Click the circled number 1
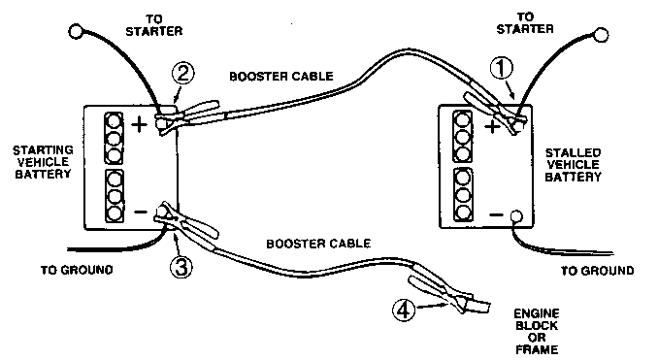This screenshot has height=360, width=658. [x=502, y=68]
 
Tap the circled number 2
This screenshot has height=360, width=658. [x=183, y=75]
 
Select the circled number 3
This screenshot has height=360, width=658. [x=181, y=266]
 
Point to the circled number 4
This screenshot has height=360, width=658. [x=404, y=311]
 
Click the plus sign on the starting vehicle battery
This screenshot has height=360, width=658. [x=140, y=124]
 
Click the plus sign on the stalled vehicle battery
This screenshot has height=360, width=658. [x=492, y=126]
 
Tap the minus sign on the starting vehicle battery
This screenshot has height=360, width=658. [x=141, y=212]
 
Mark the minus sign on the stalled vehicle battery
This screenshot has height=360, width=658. [x=496, y=215]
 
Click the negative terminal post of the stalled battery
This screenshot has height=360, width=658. [x=515, y=216]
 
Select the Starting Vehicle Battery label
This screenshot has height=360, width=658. [x=43, y=162]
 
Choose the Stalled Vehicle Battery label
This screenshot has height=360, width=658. [x=573, y=165]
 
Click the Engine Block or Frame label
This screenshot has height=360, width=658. [x=537, y=332]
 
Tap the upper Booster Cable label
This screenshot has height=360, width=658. [x=281, y=77]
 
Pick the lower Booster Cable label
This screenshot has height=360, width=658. [x=318, y=244]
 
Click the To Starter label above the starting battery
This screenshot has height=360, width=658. [x=154, y=25]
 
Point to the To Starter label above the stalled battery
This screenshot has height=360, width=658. [x=525, y=23]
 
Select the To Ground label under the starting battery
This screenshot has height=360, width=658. [x=77, y=270]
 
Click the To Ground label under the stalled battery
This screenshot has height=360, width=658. [x=598, y=271]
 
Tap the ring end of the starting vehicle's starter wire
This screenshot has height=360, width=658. [x=75, y=32]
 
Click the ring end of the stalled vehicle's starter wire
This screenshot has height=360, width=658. [x=601, y=35]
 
